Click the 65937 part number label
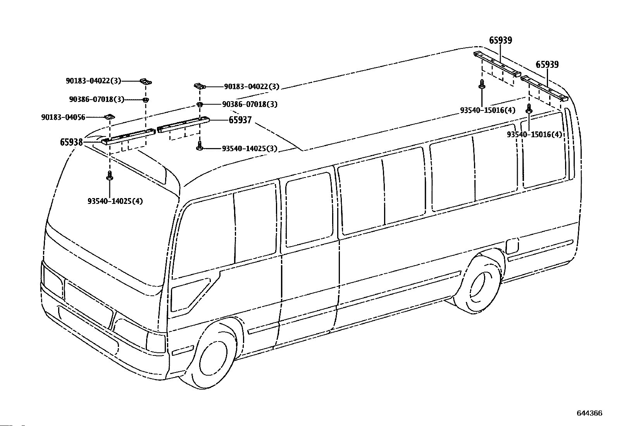(240, 120)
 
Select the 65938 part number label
(71, 142)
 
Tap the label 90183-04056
(63, 117)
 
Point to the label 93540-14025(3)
(250, 148)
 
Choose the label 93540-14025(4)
(115, 201)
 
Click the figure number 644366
(589, 413)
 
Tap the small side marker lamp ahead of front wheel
(183, 350)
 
